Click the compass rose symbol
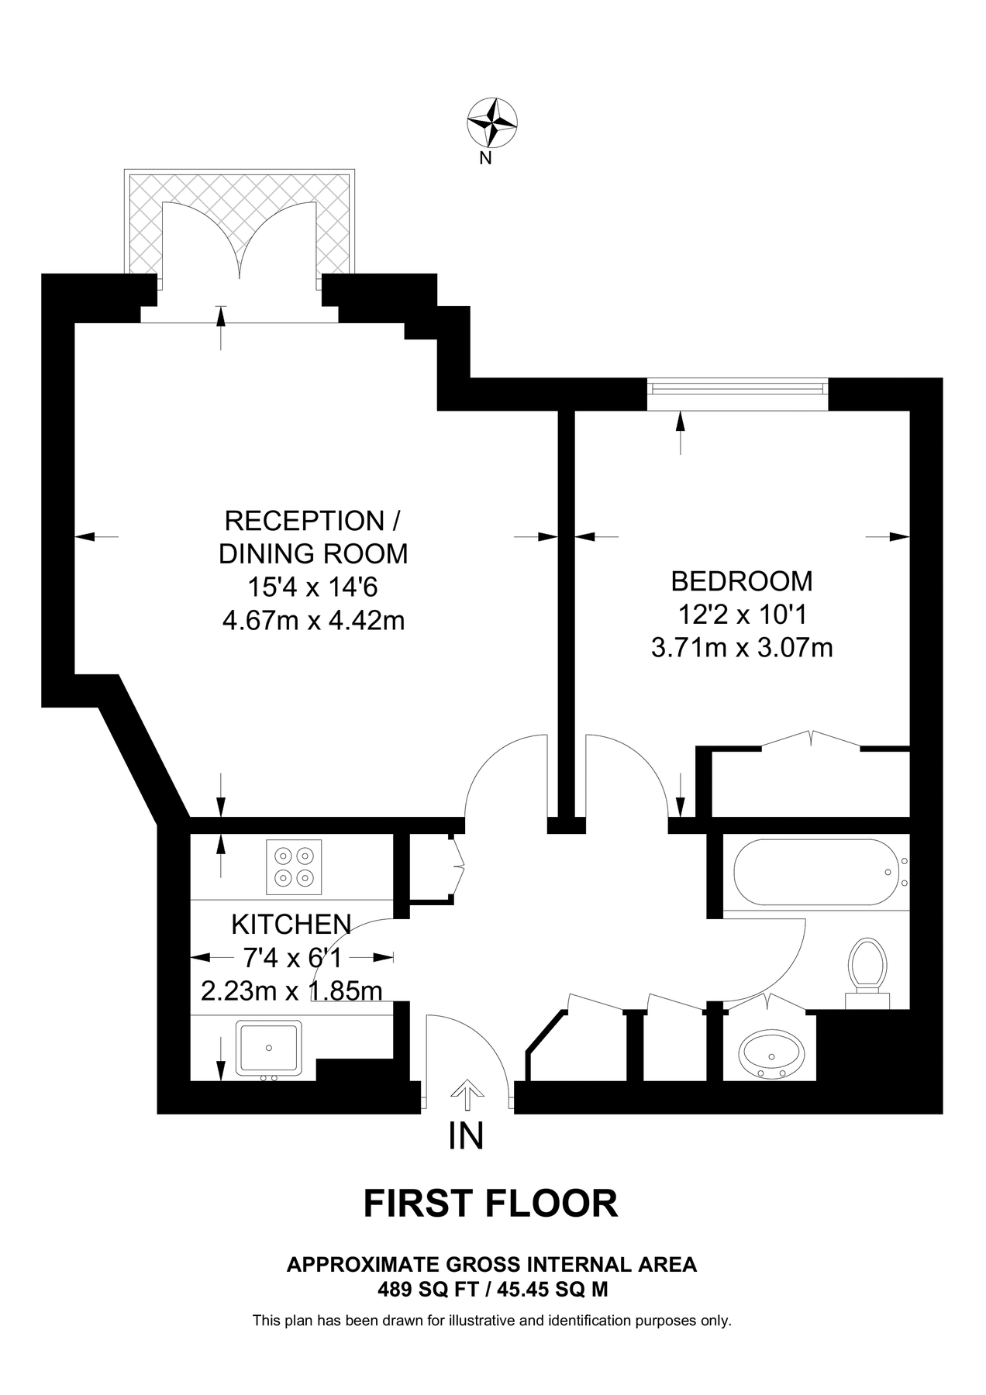[x=492, y=122]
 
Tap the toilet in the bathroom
[x=867, y=968]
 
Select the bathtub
[x=811, y=872]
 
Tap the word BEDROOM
[x=742, y=580]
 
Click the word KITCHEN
[x=291, y=924]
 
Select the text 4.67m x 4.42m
[x=313, y=621]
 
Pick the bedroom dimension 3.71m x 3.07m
[x=742, y=647]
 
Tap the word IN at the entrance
[x=467, y=1136]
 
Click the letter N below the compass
[x=486, y=159]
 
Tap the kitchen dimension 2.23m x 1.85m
[x=291, y=991]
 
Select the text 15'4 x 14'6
[x=312, y=587]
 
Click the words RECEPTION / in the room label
[x=312, y=520]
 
